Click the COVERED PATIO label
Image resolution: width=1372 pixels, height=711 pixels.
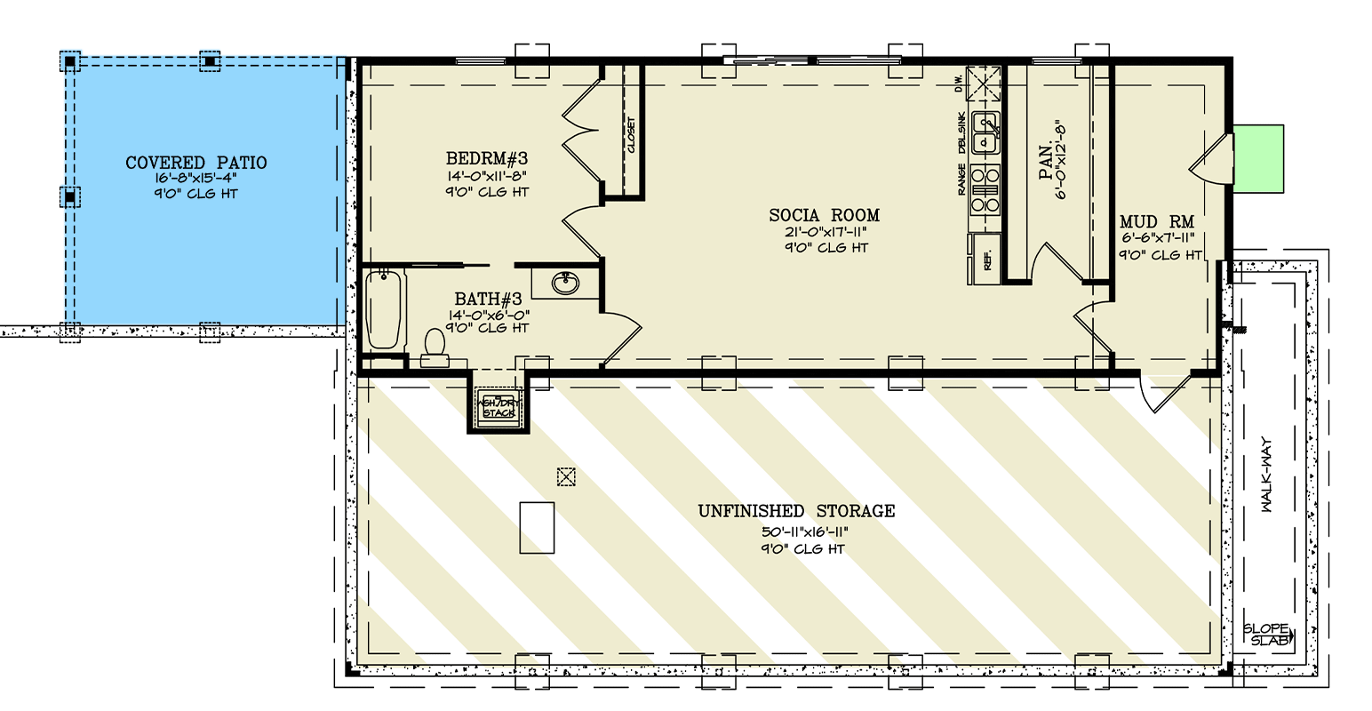pyautogui.click(x=195, y=164)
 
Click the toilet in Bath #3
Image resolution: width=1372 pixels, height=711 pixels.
pyautogui.click(x=435, y=346)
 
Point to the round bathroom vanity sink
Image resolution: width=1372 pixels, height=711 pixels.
pyautogui.click(x=564, y=283)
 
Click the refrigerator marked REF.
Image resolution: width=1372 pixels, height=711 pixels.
pyautogui.click(x=985, y=260)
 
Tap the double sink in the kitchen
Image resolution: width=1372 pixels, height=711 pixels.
pyautogui.click(x=985, y=134)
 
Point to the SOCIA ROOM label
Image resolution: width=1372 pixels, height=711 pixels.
pyautogui.click(x=825, y=215)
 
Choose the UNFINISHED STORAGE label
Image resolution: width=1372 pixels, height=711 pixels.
pyautogui.click(x=796, y=511)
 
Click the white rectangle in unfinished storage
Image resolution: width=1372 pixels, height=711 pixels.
pyautogui.click(x=537, y=528)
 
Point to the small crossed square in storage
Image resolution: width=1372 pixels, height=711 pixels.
pyautogui.click(x=565, y=477)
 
